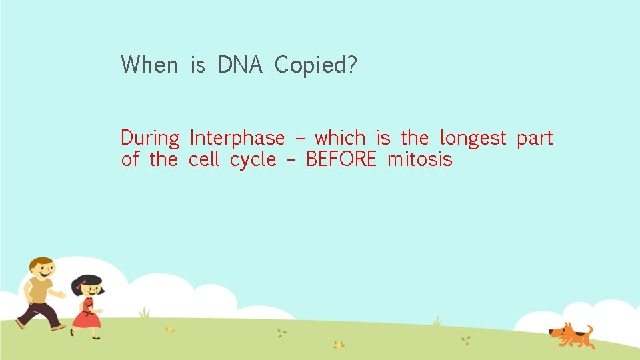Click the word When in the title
pos(149,65)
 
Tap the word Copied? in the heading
pos(316,65)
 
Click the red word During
pos(150,139)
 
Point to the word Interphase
pos(237,139)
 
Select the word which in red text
pos(340,138)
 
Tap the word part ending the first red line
pos(535,139)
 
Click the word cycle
pos(253,160)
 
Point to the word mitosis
pos(419,159)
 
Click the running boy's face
pos(43,271)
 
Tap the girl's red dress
pos(86,315)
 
